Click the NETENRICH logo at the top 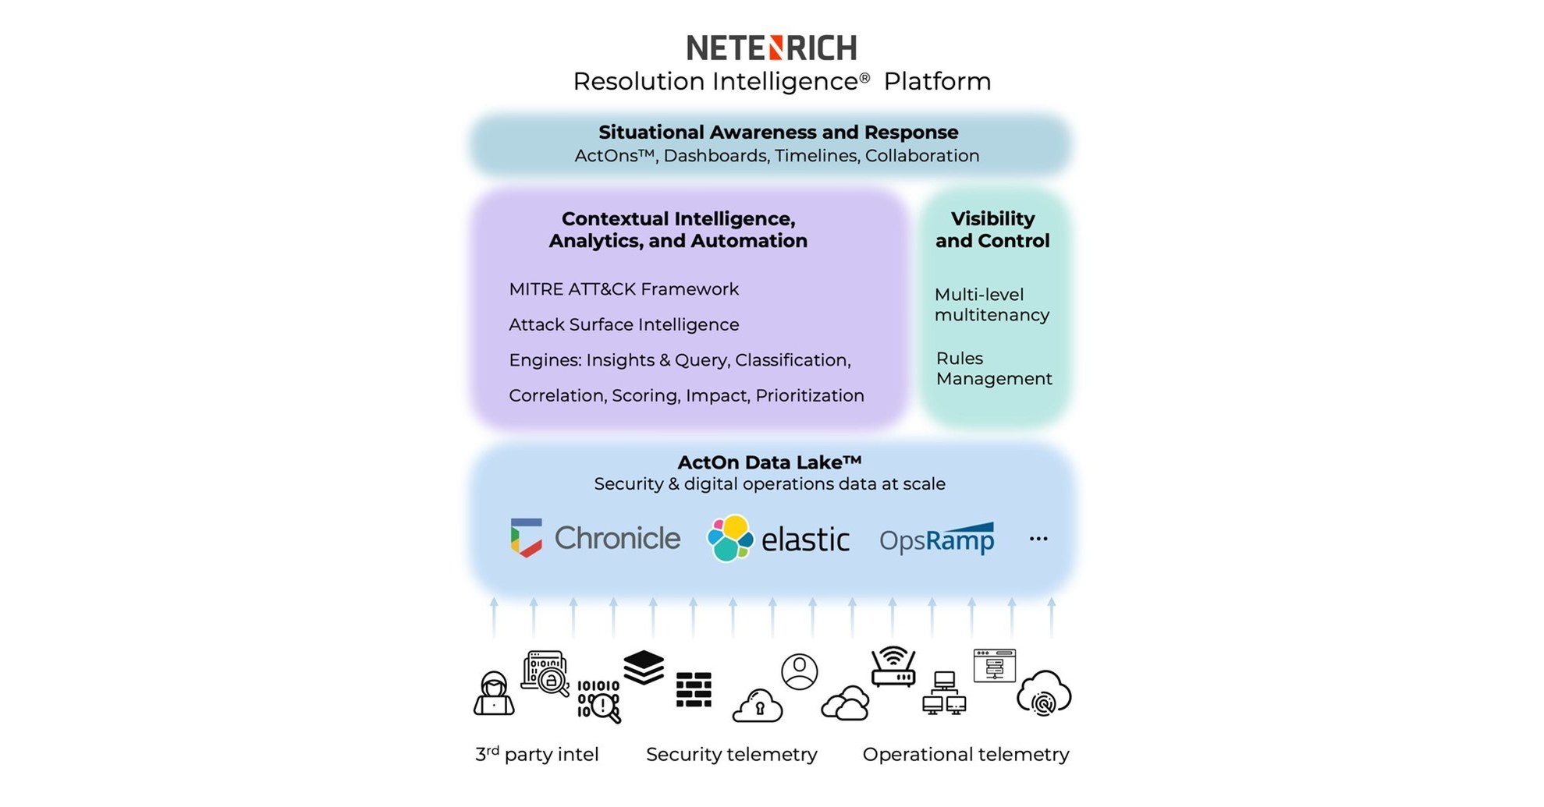pos(771,48)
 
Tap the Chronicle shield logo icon pos(526,537)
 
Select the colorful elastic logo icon pos(729,538)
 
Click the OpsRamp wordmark pos(936,539)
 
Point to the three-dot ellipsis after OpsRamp pos(1038,539)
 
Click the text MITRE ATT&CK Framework pos(623,289)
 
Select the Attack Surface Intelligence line pos(623,324)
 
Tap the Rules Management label pos(993,368)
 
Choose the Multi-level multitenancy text pos(992,304)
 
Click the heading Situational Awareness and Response pos(778,133)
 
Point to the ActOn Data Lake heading pos(769,462)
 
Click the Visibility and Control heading pos(992,229)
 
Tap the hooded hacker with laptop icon pos(494,693)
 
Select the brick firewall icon pos(693,689)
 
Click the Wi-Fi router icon pos(893,667)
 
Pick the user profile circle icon pos(800,671)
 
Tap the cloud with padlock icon pos(758,706)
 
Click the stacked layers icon pos(644,667)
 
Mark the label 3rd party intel pos(537,754)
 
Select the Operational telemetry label pos(966,754)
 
